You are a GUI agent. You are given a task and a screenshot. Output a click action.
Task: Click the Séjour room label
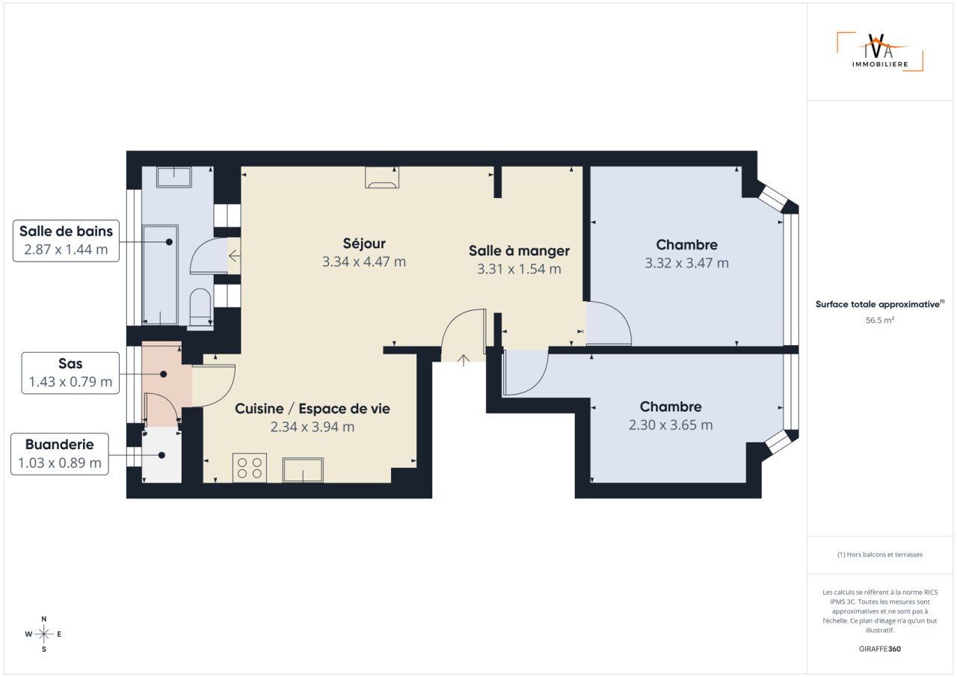(x=364, y=244)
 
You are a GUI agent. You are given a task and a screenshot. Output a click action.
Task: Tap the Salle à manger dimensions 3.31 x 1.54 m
(x=519, y=269)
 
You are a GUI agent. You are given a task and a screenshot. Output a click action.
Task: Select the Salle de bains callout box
(x=67, y=241)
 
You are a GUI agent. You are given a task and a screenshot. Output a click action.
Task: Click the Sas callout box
(x=70, y=373)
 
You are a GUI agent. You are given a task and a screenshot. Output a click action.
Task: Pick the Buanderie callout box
(x=59, y=454)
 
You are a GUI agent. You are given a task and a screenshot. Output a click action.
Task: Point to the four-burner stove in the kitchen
(x=250, y=468)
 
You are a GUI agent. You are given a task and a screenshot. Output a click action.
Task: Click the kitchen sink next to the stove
(x=303, y=470)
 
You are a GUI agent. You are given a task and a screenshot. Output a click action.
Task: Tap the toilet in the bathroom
(x=200, y=307)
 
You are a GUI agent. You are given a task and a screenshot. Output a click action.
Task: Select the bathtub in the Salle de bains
(x=160, y=275)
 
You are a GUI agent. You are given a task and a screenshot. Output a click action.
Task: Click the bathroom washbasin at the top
(x=174, y=177)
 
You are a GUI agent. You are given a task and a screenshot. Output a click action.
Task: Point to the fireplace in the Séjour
(x=382, y=178)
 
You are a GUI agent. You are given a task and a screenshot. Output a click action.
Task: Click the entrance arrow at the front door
(x=463, y=360)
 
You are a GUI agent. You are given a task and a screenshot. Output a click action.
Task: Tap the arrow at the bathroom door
(x=235, y=256)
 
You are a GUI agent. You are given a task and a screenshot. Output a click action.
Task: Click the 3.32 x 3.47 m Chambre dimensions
(x=686, y=263)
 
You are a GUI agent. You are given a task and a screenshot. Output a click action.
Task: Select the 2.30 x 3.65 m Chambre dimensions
(x=671, y=424)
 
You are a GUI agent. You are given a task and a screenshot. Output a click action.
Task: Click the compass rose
(x=43, y=634)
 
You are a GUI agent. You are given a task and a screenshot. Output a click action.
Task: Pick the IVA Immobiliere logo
(x=880, y=52)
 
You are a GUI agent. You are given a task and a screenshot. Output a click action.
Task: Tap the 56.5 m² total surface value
(x=880, y=320)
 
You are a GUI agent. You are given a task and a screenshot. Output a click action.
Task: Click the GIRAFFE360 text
(x=880, y=649)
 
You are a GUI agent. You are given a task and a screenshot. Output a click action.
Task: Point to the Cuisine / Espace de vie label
(x=313, y=409)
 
